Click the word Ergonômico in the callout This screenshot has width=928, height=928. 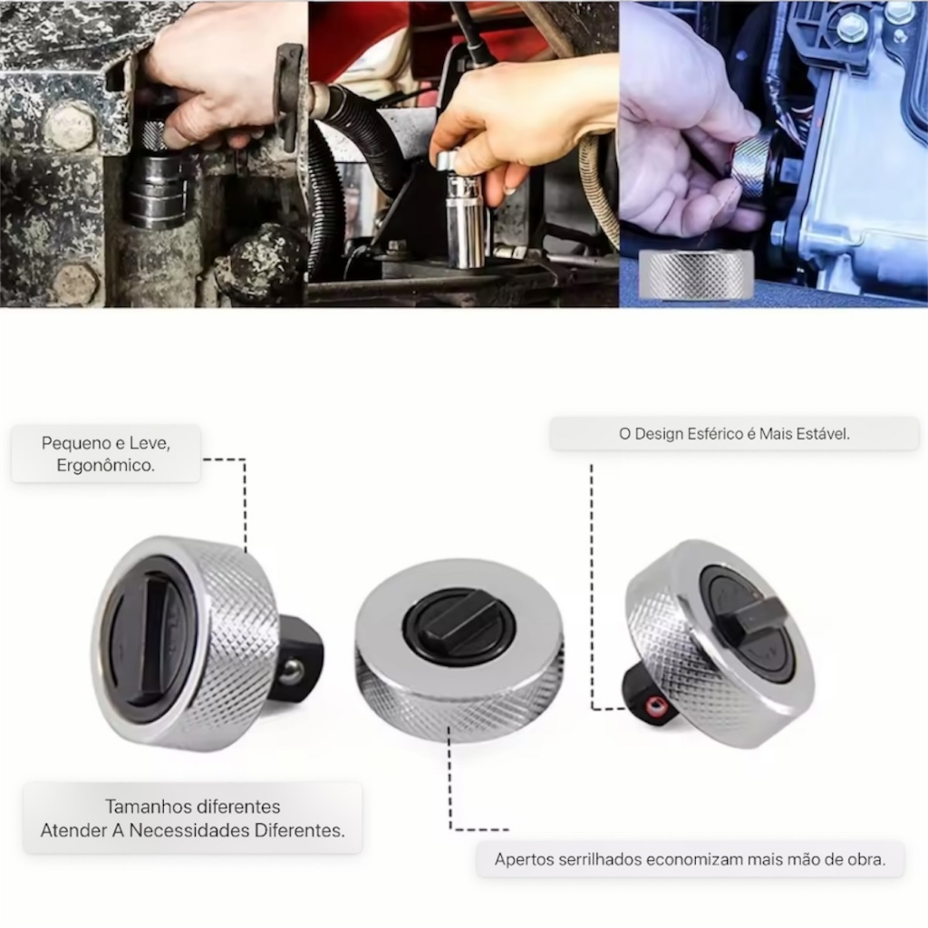(x=105, y=466)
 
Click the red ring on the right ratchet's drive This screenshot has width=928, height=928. (x=654, y=705)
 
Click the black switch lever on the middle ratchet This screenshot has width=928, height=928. (x=458, y=619)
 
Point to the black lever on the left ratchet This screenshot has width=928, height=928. (x=159, y=643)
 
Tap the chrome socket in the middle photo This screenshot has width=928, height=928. (x=465, y=213)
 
